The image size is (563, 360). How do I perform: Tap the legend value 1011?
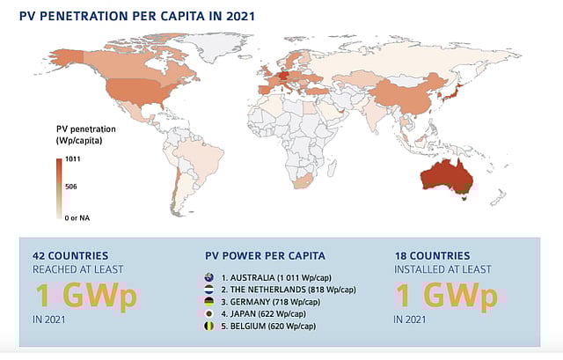coord(67,159)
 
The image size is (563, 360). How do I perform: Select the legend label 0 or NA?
coord(76,215)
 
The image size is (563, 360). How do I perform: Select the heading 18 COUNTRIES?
coord(437,255)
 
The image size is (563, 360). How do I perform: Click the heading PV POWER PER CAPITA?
coord(265,255)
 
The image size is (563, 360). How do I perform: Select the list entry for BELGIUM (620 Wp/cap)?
coord(268,326)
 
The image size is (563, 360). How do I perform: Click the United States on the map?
coord(132,88)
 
